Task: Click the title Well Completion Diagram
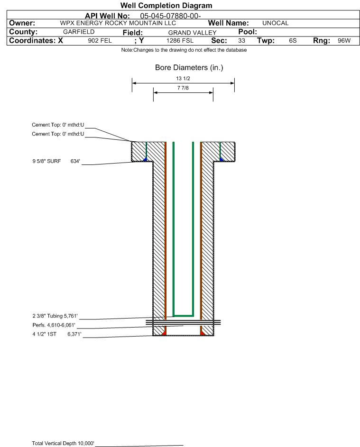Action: (x=166, y=5)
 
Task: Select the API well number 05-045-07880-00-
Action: (x=170, y=16)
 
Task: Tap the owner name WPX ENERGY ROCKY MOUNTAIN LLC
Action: (x=118, y=23)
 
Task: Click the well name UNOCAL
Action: (x=275, y=23)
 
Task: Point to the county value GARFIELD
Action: (x=79, y=32)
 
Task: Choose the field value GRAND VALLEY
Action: (x=192, y=33)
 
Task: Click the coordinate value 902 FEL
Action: (x=100, y=41)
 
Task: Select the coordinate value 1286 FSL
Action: (x=180, y=41)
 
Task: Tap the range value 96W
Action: (x=344, y=41)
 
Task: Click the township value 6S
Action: (x=293, y=41)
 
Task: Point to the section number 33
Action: (x=241, y=41)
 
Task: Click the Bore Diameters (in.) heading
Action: (x=189, y=68)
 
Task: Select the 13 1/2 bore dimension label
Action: (x=183, y=78)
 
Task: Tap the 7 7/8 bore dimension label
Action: (x=183, y=88)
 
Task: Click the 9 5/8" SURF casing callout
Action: (x=46, y=161)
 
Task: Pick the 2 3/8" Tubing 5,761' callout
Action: (x=55, y=316)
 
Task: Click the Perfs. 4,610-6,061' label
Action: (x=54, y=325)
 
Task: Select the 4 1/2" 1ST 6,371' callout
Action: (x=57, y=334)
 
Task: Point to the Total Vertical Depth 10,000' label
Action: (x=63, y=443)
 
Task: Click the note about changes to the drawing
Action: (x=184, y=50)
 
